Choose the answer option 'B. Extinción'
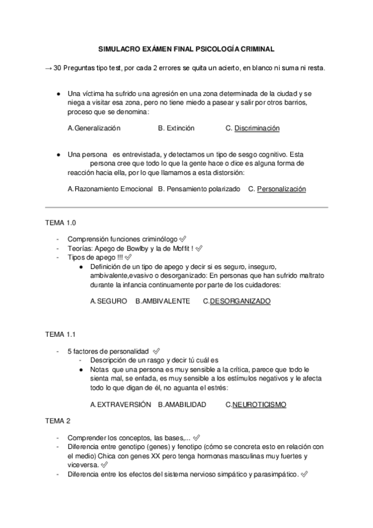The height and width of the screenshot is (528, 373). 176,128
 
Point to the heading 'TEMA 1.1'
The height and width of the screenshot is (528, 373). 60,334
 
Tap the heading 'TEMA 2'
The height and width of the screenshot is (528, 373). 58,421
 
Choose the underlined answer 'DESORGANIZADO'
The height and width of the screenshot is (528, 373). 240,301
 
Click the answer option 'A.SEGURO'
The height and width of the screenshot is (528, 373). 108,301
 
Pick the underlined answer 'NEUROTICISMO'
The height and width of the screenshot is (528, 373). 259,405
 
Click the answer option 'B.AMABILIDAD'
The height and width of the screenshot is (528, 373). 182,405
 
